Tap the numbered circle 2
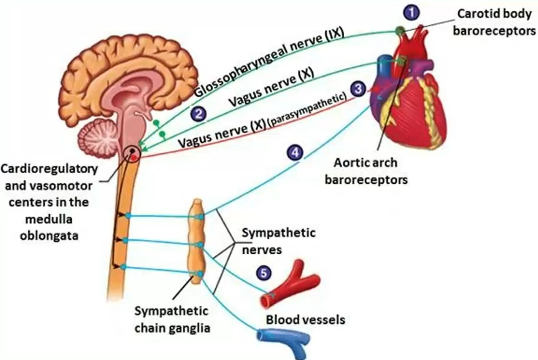pyautogui.click(x=198, y=113)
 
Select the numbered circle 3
pyautogui.click(x=358, y=90)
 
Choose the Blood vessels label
pyautogui.click(x=305, y=320)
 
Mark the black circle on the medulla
pyautogui.click(x=132, y=152)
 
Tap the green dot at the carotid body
pyautogui.click(x=399, y=30)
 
